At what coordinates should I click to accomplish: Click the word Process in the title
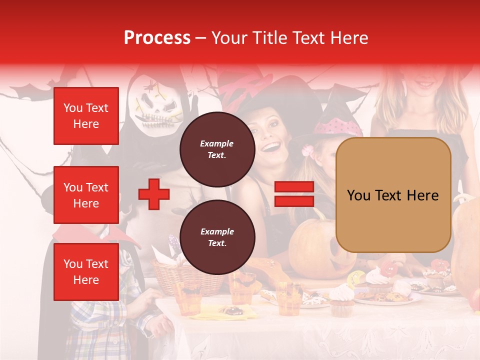(x=157, y=38)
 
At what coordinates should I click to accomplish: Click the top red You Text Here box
(x=86, y=116)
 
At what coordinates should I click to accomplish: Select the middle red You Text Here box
(x=86, y=195)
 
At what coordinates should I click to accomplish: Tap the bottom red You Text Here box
(x=86, y=271)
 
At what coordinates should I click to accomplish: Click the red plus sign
(x=154, y=194)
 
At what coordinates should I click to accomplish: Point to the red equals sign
(x=294, y=194)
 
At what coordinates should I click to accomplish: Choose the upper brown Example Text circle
(x=217, y=149)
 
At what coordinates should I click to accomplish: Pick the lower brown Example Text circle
(x=217, y=237)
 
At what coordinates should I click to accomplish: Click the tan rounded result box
(x=393, y=195)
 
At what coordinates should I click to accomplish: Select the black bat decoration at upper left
(x=25, y=91)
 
